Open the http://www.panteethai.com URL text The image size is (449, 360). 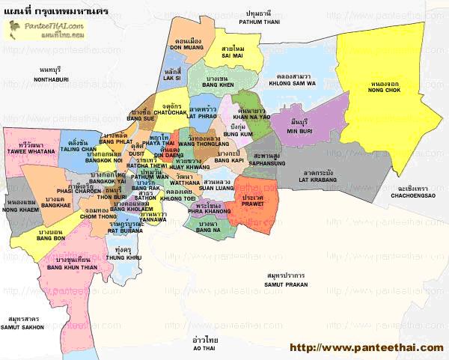pyautogui.click(x=365, y=347)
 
